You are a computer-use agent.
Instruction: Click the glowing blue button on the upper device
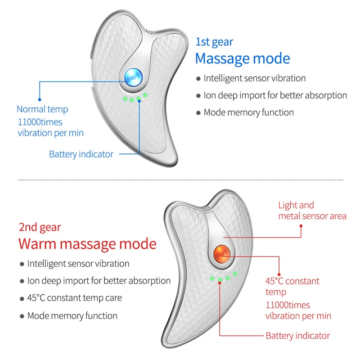pos(133,77)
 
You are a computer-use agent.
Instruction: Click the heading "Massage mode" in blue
pos(242,58)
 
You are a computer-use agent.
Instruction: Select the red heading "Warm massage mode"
pos(87,244)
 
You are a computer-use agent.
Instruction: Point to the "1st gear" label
pos(214,42)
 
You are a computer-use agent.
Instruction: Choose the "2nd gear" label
pos(40,227)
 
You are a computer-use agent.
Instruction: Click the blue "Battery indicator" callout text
pos(81,154)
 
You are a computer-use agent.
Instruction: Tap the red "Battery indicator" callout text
pos(297,336)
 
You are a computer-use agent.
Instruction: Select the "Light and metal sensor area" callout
pos(312,211)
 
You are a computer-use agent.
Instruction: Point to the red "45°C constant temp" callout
pos(292,286)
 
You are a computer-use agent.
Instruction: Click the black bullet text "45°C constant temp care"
pos(74,298)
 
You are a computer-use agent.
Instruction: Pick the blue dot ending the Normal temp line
pos(40,99)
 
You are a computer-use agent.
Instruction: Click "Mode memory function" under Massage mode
pos(248,112)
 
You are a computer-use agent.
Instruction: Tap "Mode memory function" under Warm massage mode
pos(72,315)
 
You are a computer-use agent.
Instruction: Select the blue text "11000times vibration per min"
pos(50,127)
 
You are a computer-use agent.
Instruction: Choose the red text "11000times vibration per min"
pos(298,310)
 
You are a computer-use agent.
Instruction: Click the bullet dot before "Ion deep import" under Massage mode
pos(198,96)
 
